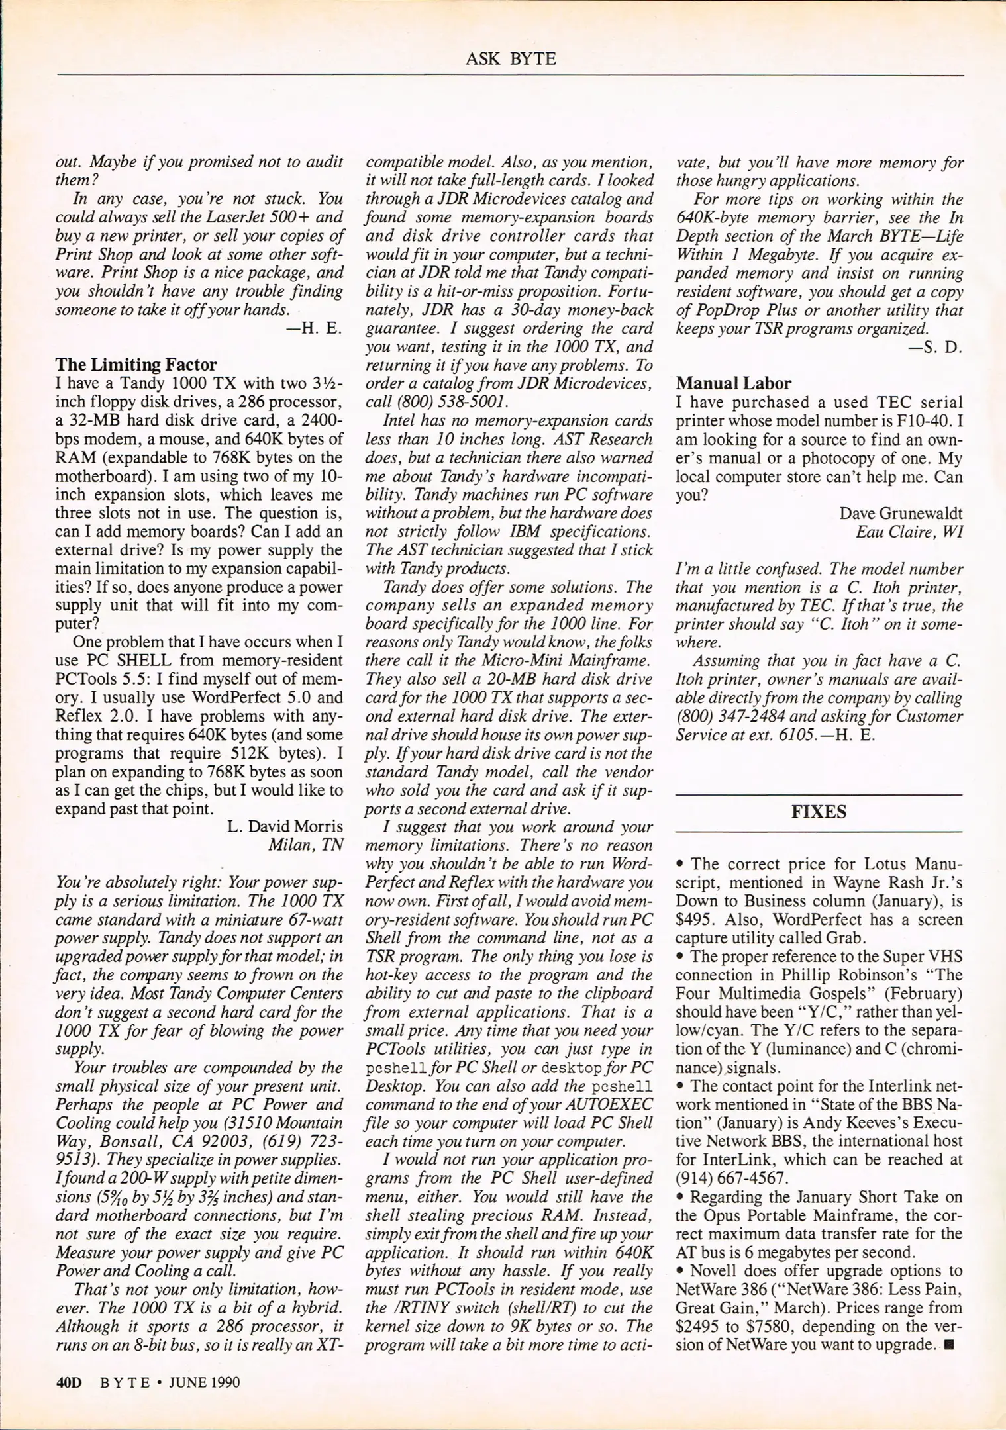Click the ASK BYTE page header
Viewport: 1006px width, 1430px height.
coord(510,59)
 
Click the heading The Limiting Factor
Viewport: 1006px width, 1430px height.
coord(136,365)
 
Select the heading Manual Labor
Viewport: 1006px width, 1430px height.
coord(733,383)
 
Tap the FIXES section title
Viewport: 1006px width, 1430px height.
coord(819,812)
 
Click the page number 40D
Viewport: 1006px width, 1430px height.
coord(69,1382)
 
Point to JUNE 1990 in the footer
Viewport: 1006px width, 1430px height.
coord(205,1382)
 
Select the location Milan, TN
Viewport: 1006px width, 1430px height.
coord(305,845)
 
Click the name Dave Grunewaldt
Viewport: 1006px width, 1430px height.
coord(901,513)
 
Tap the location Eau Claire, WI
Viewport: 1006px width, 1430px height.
coord(909,532)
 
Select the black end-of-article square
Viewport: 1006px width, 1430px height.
coord(951,1345)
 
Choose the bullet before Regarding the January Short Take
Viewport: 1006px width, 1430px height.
coord(680,1197)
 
